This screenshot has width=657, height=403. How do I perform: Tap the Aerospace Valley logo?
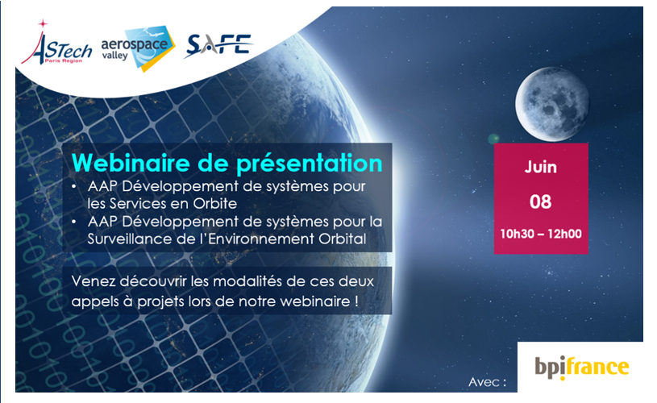point(138,48)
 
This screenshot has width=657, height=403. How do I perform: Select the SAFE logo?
point(218,45)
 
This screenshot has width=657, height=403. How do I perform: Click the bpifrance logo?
point(581,367)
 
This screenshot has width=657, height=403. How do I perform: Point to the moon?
point(552,104)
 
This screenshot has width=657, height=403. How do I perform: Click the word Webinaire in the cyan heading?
point(131,163)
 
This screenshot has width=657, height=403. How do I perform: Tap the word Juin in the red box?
point(541,167)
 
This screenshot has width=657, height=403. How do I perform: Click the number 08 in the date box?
point(541,202)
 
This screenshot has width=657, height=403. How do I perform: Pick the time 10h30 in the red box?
point(517,234)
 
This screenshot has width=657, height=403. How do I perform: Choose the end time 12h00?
point(564,234)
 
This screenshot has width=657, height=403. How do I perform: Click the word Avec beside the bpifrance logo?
point(484,382)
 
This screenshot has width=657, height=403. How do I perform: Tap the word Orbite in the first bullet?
point(215,204)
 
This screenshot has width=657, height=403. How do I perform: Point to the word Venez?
point(94,281)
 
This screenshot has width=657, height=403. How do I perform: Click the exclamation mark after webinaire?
point(356,301)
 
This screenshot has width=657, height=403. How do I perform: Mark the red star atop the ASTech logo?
point(42,23)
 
